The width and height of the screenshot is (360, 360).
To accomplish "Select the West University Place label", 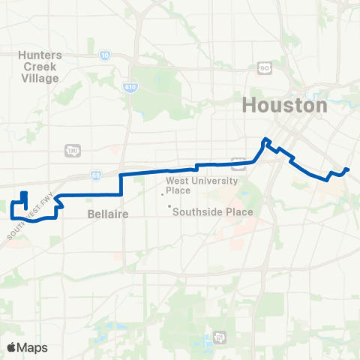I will point(201,185).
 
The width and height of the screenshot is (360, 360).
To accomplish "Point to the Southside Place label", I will point(213,212).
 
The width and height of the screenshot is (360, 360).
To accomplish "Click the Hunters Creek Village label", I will point(40,65).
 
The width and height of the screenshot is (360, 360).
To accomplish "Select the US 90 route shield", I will point(265,68).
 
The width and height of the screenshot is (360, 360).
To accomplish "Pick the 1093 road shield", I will point(72,150).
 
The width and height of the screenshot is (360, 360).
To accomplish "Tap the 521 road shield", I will point(219,336).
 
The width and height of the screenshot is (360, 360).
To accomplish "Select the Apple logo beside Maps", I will point(11,348).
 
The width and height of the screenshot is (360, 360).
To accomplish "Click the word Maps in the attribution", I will point(33,348).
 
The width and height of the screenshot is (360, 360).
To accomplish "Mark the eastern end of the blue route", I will point(348,170).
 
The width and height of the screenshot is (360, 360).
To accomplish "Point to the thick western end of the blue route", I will point(24,196).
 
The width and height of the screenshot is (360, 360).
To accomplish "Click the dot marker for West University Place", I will point(163,193).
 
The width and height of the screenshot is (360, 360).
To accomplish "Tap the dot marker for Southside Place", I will point(169,207).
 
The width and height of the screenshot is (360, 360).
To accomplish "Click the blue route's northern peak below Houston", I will point(265,139).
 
